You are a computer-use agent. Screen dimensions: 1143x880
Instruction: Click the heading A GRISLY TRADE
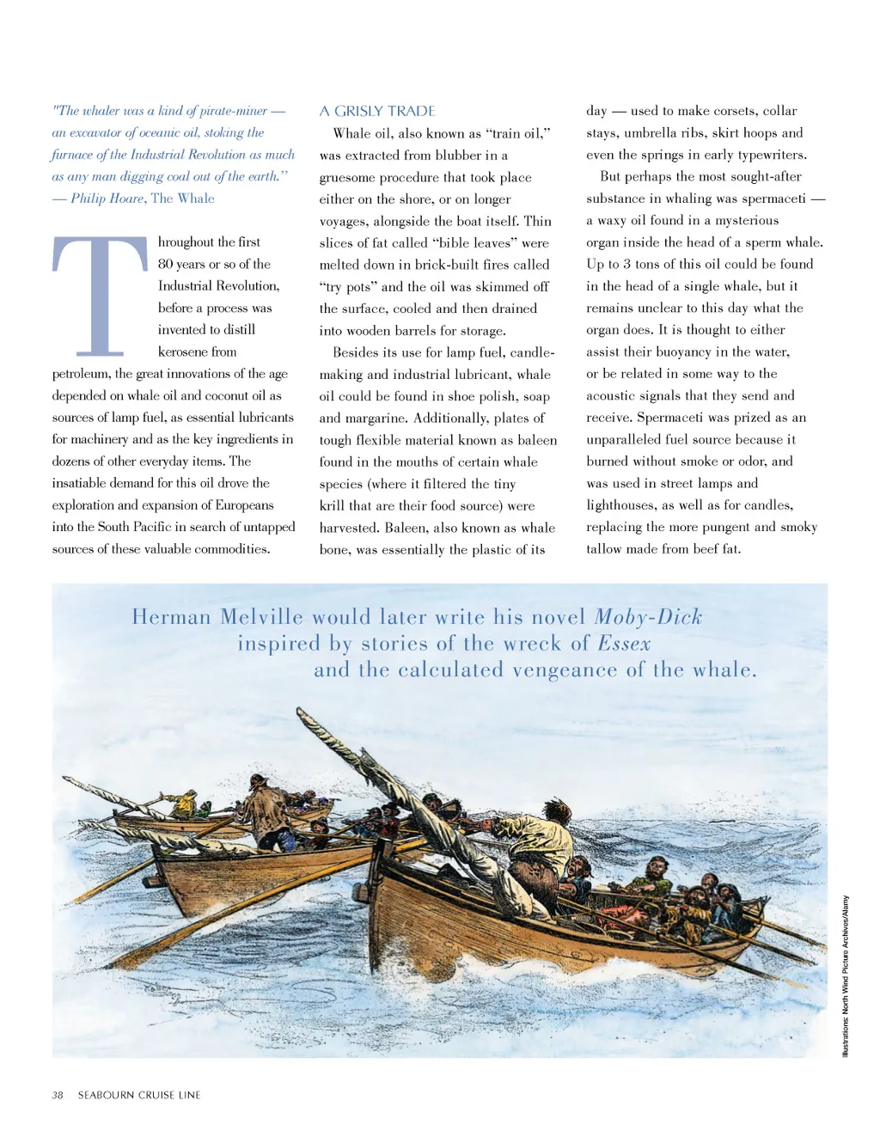(x=377, y=111)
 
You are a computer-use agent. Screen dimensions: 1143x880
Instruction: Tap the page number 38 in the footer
(x=58, y=1095)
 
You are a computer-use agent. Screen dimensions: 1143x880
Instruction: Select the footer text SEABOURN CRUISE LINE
(x=139, y=1095)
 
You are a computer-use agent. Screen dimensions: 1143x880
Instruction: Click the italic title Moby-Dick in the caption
(x=648, y=617)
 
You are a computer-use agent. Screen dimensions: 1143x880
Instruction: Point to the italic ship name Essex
(x=624, y=644)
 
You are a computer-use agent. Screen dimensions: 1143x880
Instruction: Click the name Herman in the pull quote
(x=171, y=617)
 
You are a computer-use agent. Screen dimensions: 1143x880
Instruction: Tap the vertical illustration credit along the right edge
(x=845, y=975)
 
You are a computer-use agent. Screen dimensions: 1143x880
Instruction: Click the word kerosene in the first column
(x=183, y=351)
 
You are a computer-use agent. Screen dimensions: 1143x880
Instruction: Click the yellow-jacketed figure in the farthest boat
(x=183, y=804)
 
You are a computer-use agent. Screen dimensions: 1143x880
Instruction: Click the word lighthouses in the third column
(x=624, y=505)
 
